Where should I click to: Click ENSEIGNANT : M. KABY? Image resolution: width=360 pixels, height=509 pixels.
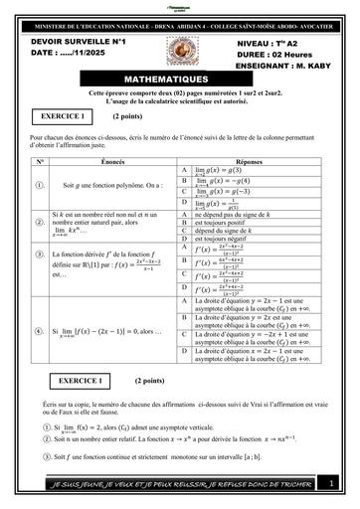[x=283, y=67]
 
